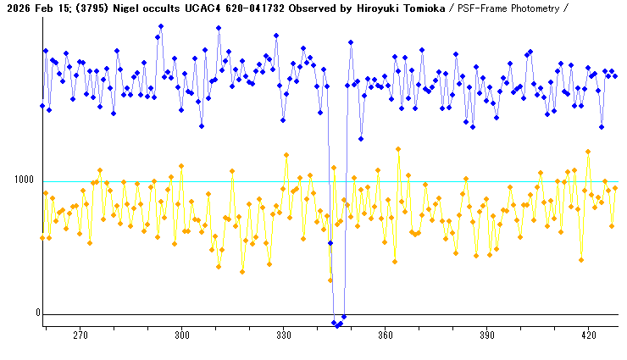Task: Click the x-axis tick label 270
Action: point(80,336)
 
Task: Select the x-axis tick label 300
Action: point(182,336)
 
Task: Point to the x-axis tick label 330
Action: point(284,336)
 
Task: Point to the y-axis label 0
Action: point(37,313)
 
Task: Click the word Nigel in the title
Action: point(126,8)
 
